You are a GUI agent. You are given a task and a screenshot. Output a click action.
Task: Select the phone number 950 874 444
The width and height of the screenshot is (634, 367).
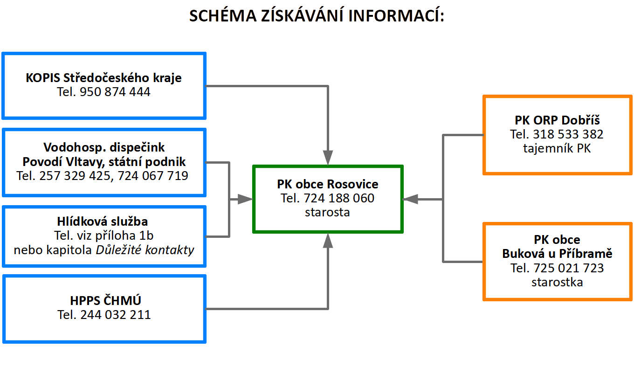click(x=115, y=92)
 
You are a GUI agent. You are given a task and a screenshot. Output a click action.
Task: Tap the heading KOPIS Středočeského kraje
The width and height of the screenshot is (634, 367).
click(x=103, y=77)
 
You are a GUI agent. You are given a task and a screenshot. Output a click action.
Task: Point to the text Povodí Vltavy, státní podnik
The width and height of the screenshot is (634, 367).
click(x=104, y=162)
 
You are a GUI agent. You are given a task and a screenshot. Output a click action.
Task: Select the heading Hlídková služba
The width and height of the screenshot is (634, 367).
click(x=104, y=221)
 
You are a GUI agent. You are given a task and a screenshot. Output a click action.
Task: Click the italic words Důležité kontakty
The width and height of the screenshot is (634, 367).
click(x=145, y=250)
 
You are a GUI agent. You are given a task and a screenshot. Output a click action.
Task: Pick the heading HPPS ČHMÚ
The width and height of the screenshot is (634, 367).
click(x=104, y=300)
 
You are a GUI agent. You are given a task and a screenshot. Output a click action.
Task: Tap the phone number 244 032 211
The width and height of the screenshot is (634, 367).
click(x=116, y=315)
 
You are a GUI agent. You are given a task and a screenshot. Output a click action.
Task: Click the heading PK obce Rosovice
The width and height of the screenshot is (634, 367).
click(x=328, y=184)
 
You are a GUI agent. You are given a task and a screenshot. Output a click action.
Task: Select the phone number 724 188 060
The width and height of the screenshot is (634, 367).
click(x=339, y=198)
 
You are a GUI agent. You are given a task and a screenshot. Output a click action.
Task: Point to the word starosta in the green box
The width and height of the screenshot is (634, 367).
click(x=328, y=212)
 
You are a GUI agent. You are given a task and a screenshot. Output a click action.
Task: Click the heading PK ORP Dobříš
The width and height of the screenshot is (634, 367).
click(x=557, y=120)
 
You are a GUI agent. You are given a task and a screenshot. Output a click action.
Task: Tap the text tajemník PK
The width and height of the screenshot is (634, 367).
click(x=557, y=149)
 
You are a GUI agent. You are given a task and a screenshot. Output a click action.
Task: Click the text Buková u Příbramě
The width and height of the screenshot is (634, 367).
click(x=557, y=254)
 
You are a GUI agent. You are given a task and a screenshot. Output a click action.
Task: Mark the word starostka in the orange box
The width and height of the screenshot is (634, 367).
click(x=557, y=282)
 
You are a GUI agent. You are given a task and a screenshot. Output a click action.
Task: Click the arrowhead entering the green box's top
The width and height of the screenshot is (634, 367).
click(x=328, y=157)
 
